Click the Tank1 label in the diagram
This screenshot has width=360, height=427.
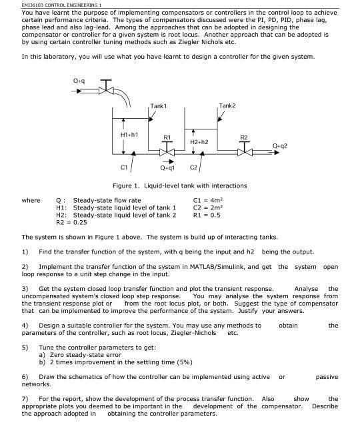159,106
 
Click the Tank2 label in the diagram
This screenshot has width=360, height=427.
227,106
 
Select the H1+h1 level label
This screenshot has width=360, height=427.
129,134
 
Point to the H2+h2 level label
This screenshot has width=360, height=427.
199,142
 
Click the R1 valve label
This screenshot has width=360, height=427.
167,137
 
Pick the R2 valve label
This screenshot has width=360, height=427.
245,137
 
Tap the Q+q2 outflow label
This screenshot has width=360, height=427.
281,144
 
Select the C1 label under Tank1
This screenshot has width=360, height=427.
124,167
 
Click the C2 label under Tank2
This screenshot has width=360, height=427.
193,168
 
